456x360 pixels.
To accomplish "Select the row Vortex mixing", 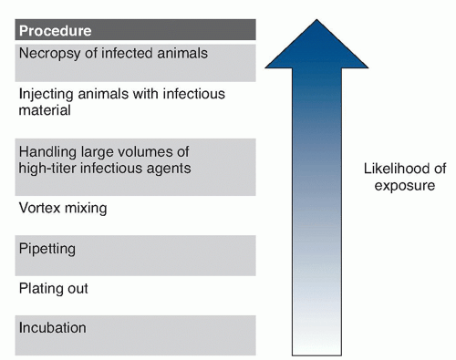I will (x=63, y=208).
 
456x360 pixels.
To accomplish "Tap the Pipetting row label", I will (x=47, y=248).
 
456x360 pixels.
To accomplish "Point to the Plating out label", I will (x=53, y=288).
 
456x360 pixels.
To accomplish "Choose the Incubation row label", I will (x=53, y=327).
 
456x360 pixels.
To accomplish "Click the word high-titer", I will (x=47, y=168).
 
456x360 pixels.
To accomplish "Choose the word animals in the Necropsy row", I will (x=182, y=53).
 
